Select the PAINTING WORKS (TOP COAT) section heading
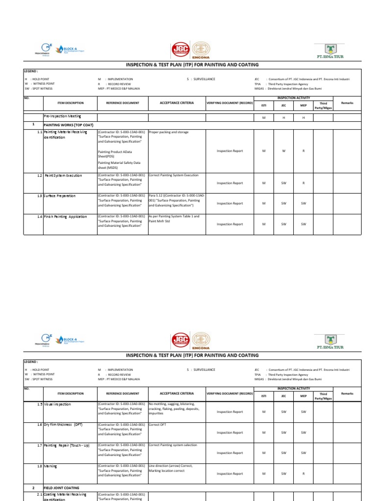[69, 125]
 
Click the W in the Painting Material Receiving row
[283, 151]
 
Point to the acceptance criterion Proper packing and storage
[168, 132]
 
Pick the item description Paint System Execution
[64, 175]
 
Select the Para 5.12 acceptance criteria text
[176, 200]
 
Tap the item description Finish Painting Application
[66, 216]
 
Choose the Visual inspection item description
[57, 404]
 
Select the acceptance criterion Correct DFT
[158, 425]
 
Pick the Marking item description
[50, 466]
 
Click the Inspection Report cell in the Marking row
[230, 474]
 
